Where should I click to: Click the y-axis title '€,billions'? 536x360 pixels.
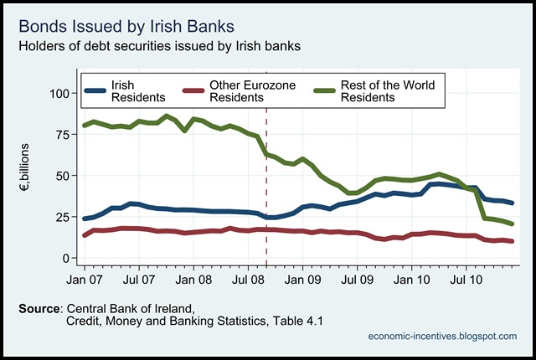26,176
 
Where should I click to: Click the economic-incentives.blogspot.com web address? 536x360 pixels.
442,336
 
